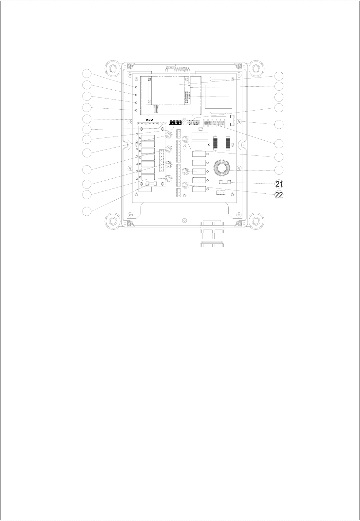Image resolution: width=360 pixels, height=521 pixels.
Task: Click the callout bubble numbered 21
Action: coord(279,184)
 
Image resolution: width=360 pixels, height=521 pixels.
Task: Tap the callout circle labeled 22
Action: coord(279,195)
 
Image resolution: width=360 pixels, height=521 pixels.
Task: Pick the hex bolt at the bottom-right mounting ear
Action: coord(256,220)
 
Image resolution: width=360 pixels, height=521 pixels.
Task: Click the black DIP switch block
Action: coord(175,122)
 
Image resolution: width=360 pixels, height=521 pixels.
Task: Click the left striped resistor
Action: coord(216,142)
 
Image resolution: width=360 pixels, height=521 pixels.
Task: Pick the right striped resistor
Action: coord(228,142)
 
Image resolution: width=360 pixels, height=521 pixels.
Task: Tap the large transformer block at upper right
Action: coord(219,97)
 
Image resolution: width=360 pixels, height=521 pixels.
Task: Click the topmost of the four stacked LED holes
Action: coord(137,87)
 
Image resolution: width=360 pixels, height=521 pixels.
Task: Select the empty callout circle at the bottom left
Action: coord(87,211)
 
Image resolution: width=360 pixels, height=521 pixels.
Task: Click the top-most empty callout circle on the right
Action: coord(279,76)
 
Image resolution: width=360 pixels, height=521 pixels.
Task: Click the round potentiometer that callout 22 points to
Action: coord(186,185)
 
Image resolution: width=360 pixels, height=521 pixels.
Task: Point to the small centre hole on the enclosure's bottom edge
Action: coord(185,220)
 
